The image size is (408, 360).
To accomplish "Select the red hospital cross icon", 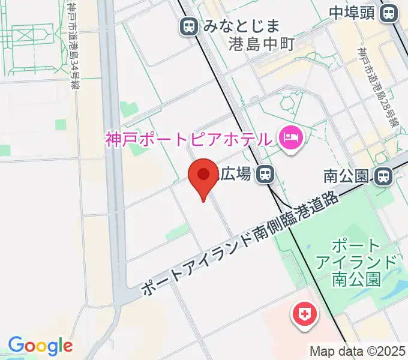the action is (x=305, y=314).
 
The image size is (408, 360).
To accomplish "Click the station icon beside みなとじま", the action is (x=189, y=26).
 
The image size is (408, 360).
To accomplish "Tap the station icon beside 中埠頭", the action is (x=389, y=12).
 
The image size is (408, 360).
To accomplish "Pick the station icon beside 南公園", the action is (x=382, y=176).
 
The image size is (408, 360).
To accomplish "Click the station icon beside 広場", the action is (x=265, y=175).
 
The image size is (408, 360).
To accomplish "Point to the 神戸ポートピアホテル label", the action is (x=188, y=140).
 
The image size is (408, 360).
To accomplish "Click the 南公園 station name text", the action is (x=345, y=176).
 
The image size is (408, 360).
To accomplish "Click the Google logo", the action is (x=40, y=346).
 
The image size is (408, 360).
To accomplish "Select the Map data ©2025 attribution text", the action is (x=358, y=351).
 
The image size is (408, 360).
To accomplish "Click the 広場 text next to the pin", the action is (x=235, y=175).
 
